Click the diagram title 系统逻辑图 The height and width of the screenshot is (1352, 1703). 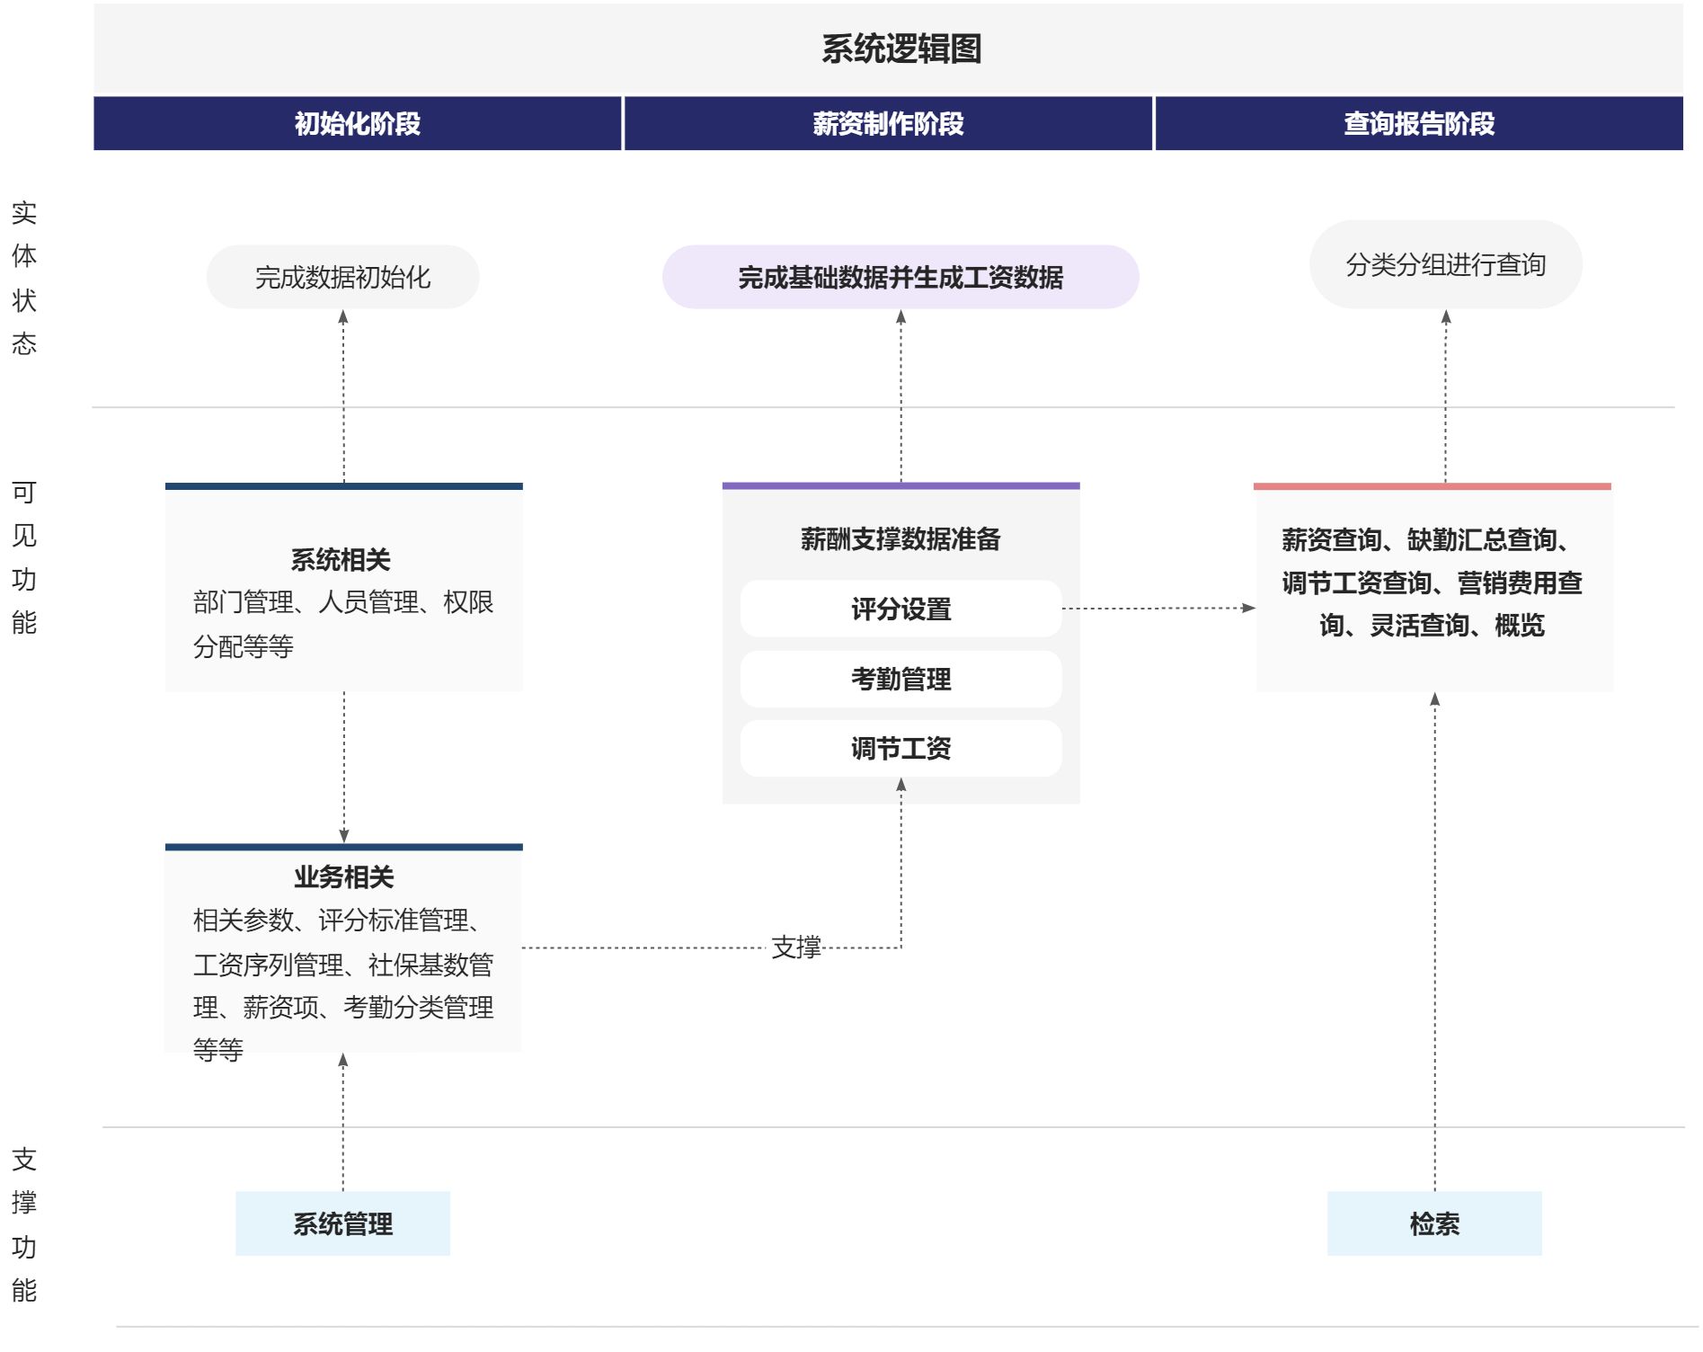coord(900,49)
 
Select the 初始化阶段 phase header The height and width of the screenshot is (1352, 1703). coord(358,123)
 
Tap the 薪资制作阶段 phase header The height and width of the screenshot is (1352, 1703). coord(888,123)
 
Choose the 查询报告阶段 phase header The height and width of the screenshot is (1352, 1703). coord(1419,123)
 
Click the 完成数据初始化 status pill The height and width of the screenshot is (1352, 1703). coord(342,277)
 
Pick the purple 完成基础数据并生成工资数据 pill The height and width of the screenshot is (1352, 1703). coord(900,277)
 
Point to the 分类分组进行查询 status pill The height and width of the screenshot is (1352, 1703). coord(1446,264)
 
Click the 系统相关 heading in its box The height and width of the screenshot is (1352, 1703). coord(341,560)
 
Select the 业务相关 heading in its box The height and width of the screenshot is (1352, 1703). coord(343,876)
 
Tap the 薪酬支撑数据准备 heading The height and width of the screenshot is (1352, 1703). coord(900,538)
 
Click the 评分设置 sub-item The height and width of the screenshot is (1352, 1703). coord(900,609)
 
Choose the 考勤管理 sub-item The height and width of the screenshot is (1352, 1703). coord(900,679)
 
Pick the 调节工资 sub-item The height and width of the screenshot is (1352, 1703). coord(900,748)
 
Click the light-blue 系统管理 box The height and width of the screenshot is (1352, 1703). coord(342,1223)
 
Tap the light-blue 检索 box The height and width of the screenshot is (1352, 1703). coord(1434,1223)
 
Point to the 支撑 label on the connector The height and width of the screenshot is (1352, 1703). coord(796,947)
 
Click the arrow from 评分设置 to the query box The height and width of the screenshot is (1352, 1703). coord(1158,609)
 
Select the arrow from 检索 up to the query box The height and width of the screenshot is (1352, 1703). coord(1434,942)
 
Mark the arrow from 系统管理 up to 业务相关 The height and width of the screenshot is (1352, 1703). coord(342,1123)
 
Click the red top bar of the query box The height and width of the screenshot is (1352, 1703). coord(1432,486)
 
